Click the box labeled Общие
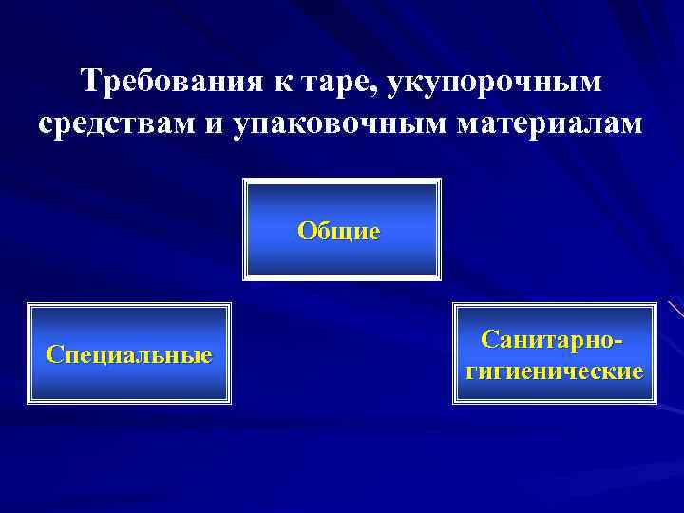click(x=342, y=230)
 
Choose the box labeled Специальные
click(x=129, y=353)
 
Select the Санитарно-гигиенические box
click(x=554, y=353)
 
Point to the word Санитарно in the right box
click(x=549, y=338)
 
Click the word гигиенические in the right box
click(x=554, y=370)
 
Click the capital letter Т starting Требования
click(x=92, y=82)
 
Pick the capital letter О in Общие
click(x=306, y=230)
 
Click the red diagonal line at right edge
click(x=675, y=309)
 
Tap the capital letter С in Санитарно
click(x=489, y=338)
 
